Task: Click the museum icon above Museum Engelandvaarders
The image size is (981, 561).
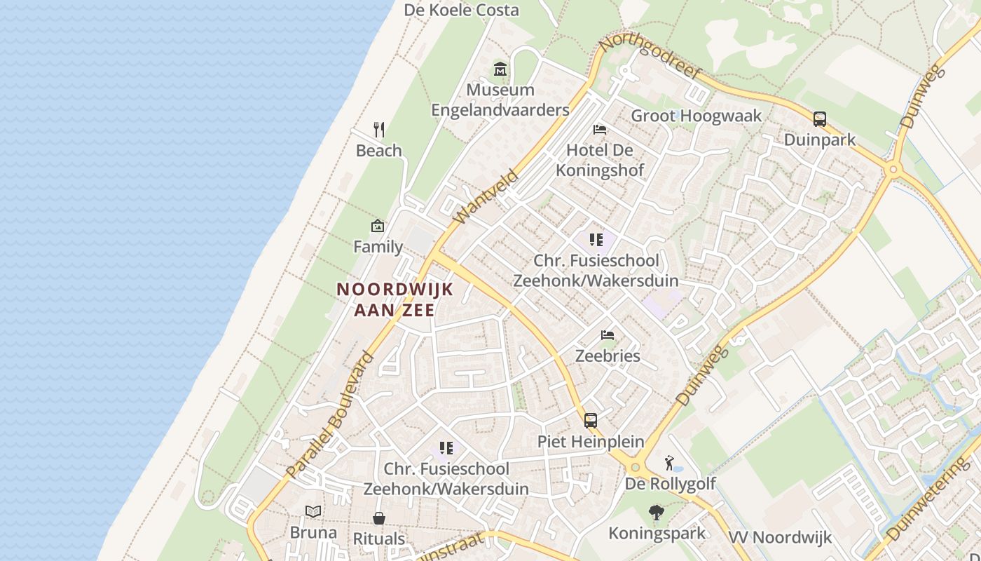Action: pyautogui.click(x=500, y=69)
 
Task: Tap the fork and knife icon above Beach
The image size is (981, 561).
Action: pyautogui.click(x=379, y=130)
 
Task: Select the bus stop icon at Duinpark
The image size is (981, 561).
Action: pyautogui.click(x=820, y=119)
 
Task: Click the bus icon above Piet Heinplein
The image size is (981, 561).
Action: pyautogui.click(x=591, y=421)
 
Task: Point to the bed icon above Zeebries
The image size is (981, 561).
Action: pyautogui.click(x=608, y=335)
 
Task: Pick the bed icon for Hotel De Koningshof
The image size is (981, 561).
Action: pyautogui.click(x=600, y=130)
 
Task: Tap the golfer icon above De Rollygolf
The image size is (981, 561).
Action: pyautogui.click(x=671, y=463)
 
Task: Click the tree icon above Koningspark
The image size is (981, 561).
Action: pyautogui.click(x=657, y=513)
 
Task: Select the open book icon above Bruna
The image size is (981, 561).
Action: pyautogui.click(x=313, y=512)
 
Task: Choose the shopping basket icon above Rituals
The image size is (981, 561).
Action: pyautogui.click(x=379, y=518)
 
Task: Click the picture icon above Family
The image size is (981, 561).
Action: pyautogui.click(x=378, y=226)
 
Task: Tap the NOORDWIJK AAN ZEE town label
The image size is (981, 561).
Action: pyautogui.click(x=395, y=299)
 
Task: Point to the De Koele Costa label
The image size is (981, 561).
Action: pyautogui.click(x=462, y=10)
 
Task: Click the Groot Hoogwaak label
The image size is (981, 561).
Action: pyautogui.click(x=696, y=116)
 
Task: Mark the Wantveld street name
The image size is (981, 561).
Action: pyautogui.click(x=486, y=197)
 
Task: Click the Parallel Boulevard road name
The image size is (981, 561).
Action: pyautogui.click(x=331, y=414)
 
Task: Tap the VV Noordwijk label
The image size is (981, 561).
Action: pyautogui.click(x=780, y=538)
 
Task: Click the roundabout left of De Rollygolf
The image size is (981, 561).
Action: pyautogui.click(x=636, y=467)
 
